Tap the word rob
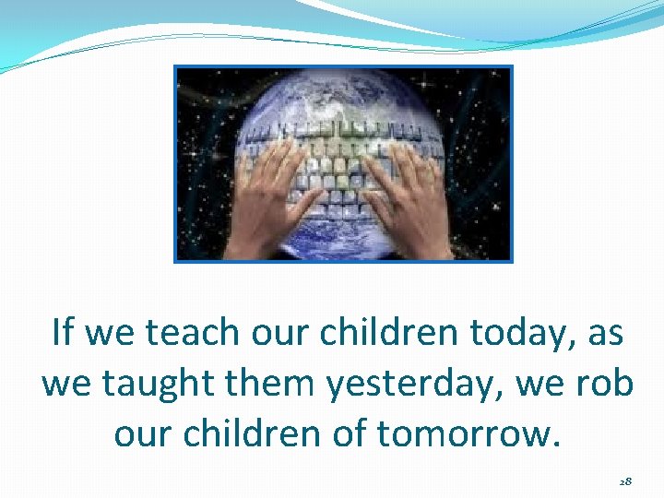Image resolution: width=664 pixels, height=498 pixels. coord(607,382)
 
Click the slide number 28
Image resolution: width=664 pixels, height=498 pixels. coord(625,481)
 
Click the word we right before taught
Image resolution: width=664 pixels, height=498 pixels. coord(67,384)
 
